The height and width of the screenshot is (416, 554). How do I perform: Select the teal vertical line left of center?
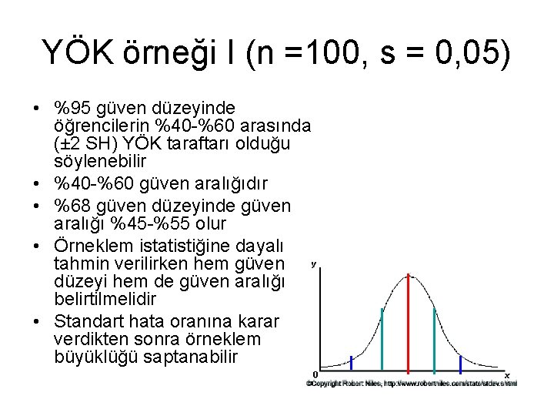[x=382, y=339]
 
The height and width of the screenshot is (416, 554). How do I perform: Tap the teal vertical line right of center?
[x=435, y=339]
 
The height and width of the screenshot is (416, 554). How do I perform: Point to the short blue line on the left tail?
[x=352, y=362]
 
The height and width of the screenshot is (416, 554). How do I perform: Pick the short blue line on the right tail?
[x=460, y=362]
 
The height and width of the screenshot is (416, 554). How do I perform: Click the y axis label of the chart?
[x=314, y=264]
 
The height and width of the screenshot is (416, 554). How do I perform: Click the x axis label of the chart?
[x=508, y=374]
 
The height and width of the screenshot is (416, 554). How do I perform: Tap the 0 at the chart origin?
[x=315, y=374]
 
